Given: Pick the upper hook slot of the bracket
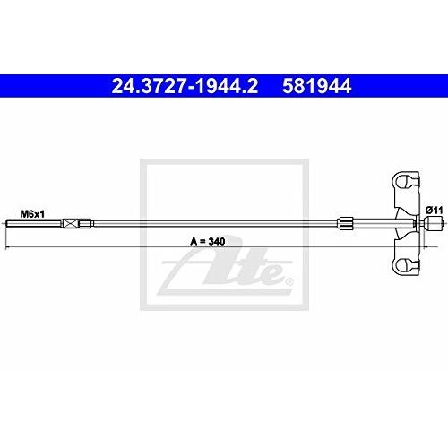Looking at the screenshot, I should pyautogui.click(x=407, y=183).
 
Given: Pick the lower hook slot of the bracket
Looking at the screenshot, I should pyautogui.click(x=407, y=263).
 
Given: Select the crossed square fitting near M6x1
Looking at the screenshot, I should pyautogui.click(x=84, y=222).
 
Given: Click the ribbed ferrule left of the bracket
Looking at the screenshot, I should pyautogui.click(x=348, y=222).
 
